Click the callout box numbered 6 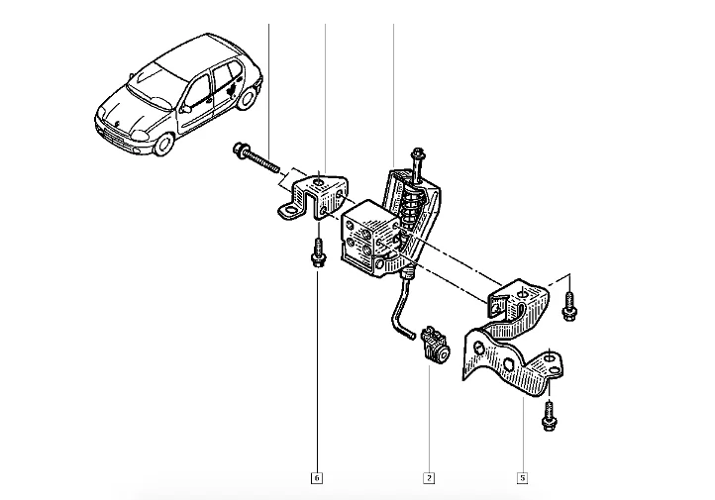pos(317,477)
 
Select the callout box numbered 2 pos(429,477)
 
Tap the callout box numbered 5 pos(522,477)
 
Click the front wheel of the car pos(163,144)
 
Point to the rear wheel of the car pos(248,99)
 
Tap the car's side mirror pos(185,109)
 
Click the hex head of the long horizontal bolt pos(240,150)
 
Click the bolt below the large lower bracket pos(549,415)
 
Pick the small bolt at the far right pos(570,306)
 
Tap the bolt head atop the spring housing pos(417,153)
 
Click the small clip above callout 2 pos(435,345)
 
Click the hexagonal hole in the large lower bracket pos(507,364)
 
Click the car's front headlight pos(140,135)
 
